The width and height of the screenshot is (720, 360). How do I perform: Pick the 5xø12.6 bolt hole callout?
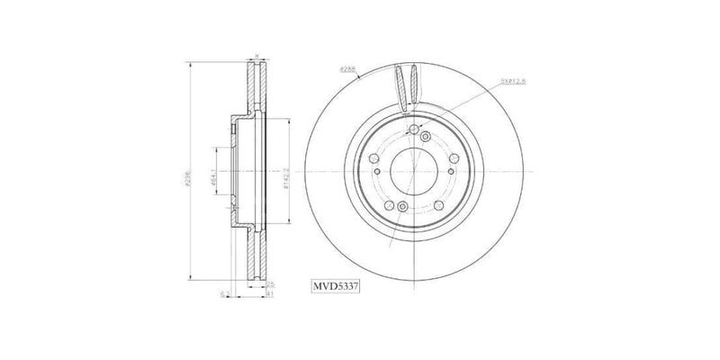[510, 82]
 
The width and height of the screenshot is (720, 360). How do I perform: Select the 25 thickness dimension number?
[270, 284]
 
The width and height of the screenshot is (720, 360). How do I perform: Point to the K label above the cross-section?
[256, 57]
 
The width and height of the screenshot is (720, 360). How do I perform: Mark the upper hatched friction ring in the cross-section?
[257, 90]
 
